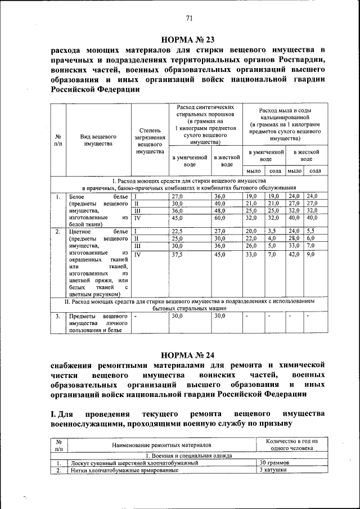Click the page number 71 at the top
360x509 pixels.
coord(189,19)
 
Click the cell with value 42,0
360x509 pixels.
coord(293,254)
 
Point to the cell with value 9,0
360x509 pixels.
coord(313,254)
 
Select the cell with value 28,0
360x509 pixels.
coord(293,238)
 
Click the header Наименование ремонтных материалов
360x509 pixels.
coord(160,445)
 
